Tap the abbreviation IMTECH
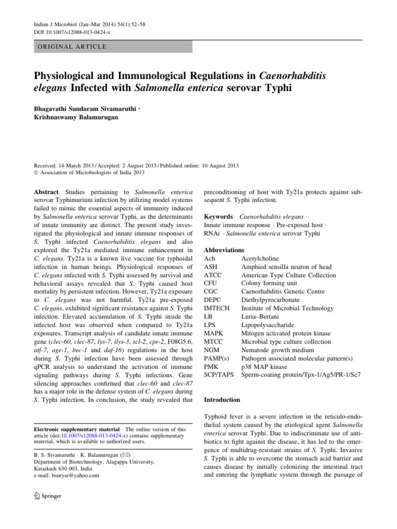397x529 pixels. pos(217,308)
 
